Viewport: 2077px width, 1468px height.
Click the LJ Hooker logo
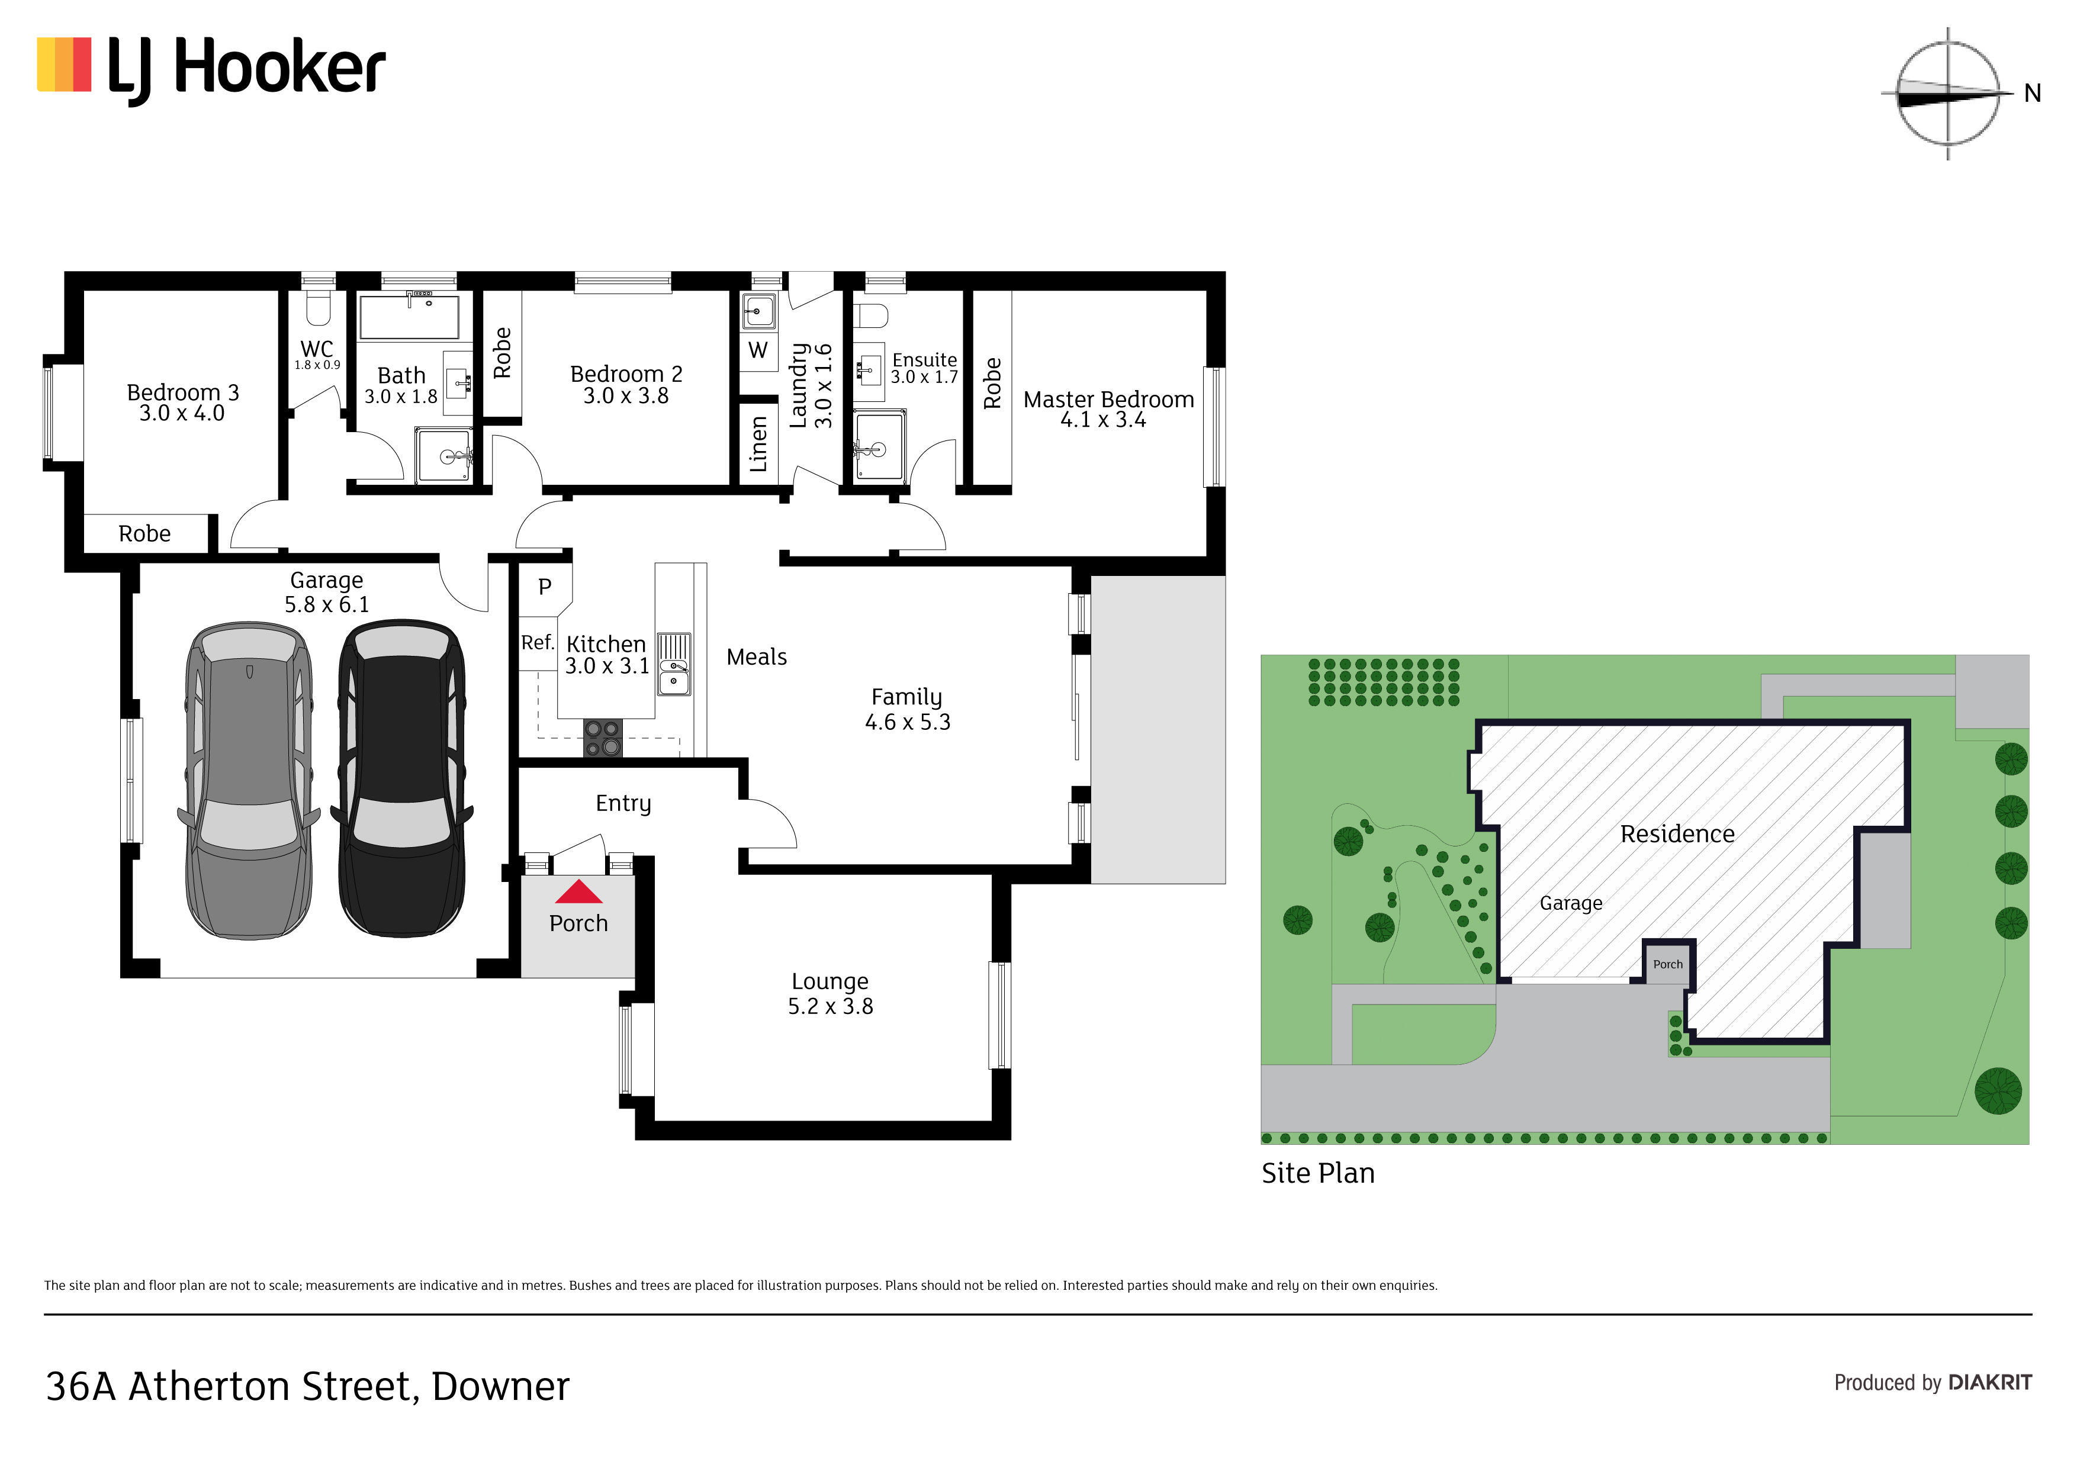coord(211,70)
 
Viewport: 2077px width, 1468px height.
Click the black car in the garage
coord(403,778)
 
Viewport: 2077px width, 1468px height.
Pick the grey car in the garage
coord(250,780)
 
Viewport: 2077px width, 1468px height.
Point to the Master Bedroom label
coord(1108,400)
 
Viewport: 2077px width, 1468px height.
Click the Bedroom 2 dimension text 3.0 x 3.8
coord(626,396)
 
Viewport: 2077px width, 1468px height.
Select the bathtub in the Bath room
coord(409,316)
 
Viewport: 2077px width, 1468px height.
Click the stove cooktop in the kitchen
coord(603,737)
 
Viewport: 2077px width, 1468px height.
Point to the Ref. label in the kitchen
coord(538,642)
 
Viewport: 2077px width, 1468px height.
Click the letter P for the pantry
coord(545,587)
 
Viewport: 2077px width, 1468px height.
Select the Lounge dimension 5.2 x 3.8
coord(831,1007)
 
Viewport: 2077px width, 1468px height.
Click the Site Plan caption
coord(1318,1173)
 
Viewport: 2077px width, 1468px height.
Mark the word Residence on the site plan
coord(1677,834)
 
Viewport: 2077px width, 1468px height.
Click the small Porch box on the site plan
coord(1668,963)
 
